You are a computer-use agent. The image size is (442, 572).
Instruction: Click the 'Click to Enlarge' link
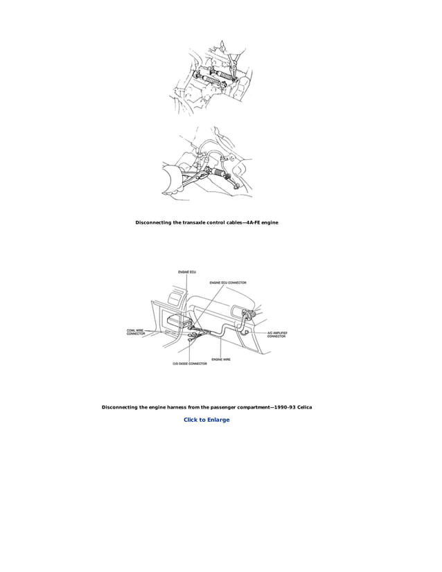click(x=206, y=420)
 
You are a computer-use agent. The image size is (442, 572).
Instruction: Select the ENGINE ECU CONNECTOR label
click(x=228, y=283)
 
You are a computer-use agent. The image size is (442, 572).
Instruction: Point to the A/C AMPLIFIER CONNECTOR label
click(x=276, y=334)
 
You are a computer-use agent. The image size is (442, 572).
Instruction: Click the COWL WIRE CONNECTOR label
click(x=136, y=332)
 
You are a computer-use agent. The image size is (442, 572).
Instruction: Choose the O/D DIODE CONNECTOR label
click(x=189, y=364)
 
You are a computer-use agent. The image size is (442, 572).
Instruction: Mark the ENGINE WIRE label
click(x=221, y=359)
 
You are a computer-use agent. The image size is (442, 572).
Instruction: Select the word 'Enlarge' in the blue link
click(x=216, y=420)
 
